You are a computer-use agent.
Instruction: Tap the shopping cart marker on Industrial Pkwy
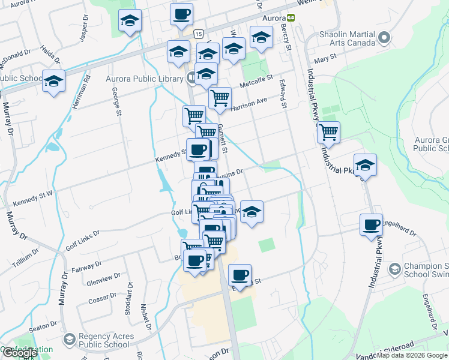[328, 131]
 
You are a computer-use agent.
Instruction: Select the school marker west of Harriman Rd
[53, 80]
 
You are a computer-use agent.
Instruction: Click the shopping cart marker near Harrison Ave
[220, 97]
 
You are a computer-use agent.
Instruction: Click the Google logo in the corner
[20, 353]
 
